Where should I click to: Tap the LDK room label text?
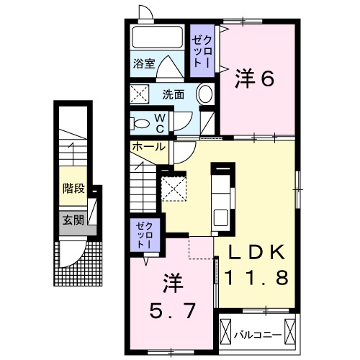pyautogui.click(x=261, y=253)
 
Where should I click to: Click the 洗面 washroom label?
pyautogui.click(x=172, y=94)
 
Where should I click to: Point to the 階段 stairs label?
pyautogui.click(x=73, y=189)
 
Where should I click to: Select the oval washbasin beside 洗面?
pyautogui.click(x=204, y=94)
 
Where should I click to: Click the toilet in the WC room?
pyautogui.click(x=140, y=122)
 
